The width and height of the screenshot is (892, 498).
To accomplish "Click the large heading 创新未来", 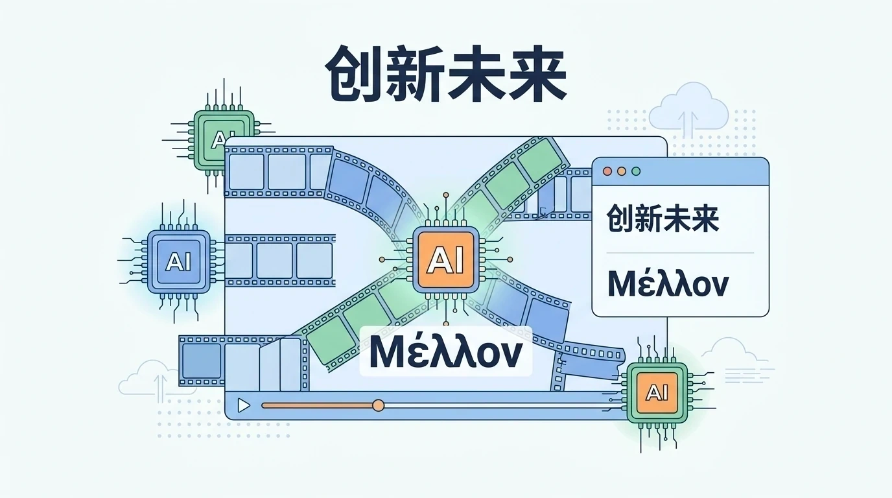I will tap(446, 81).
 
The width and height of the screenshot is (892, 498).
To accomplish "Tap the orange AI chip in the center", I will tap(446, 259).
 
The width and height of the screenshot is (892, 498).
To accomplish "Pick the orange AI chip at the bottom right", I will tap(656, 393).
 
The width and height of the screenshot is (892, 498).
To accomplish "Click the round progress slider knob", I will tap(379, 405).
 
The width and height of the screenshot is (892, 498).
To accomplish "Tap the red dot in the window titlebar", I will tap(607, 171).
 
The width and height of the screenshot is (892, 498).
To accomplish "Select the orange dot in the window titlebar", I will tap(622, 171).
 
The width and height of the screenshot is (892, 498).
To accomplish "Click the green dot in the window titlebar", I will tap(636, 171).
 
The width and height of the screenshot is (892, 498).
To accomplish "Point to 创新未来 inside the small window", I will tap(663, 219).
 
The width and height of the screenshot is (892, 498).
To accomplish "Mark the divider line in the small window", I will tap(680, 252).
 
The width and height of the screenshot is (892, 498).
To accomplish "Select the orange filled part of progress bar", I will tap(318, 405).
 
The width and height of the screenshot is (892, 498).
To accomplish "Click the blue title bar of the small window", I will tap(700, 171).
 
